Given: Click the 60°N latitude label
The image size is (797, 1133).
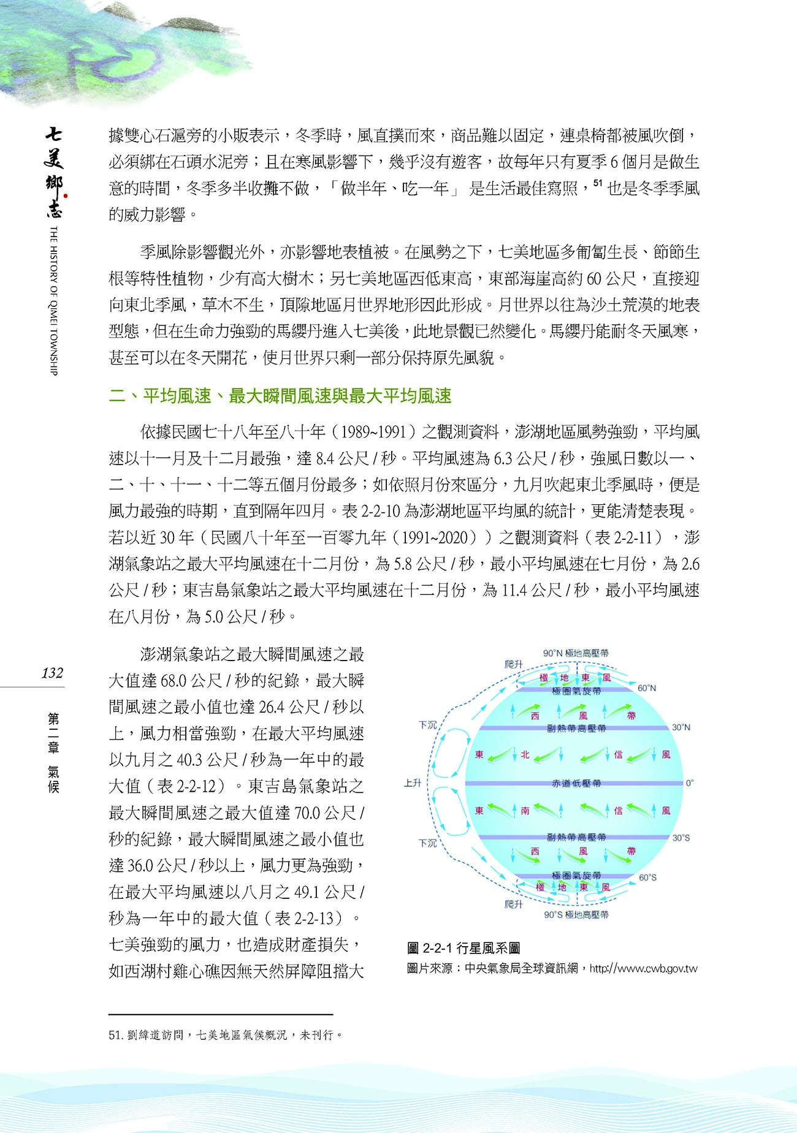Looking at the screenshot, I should (647, 688).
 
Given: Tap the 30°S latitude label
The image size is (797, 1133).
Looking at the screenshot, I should (681, 838).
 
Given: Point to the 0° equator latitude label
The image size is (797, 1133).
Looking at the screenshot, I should (689, 783).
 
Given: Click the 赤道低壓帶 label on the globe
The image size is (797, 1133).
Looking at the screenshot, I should (576, 783).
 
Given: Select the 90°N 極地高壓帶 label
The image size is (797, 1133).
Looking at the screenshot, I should (576, 653).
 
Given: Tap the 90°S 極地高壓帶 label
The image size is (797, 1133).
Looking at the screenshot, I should (576, 915).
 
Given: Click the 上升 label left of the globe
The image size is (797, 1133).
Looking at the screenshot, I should (413, 783).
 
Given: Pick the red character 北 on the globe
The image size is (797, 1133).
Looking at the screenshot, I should (525, 755).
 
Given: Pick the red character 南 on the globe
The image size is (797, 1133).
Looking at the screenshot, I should (525, 811).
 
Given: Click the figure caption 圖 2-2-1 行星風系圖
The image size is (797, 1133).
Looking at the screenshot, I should (463, 949).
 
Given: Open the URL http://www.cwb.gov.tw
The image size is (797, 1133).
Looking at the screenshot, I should (644, 969).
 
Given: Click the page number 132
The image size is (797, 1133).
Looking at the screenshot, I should (52, 673).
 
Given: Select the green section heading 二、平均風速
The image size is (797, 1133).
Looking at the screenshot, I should (280, 396).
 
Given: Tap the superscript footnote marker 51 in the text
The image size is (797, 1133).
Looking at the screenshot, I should (598, 183).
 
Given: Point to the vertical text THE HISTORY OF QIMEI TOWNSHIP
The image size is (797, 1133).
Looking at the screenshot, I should (53, 300).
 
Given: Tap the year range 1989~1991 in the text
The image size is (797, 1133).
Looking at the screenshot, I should (373, 432).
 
